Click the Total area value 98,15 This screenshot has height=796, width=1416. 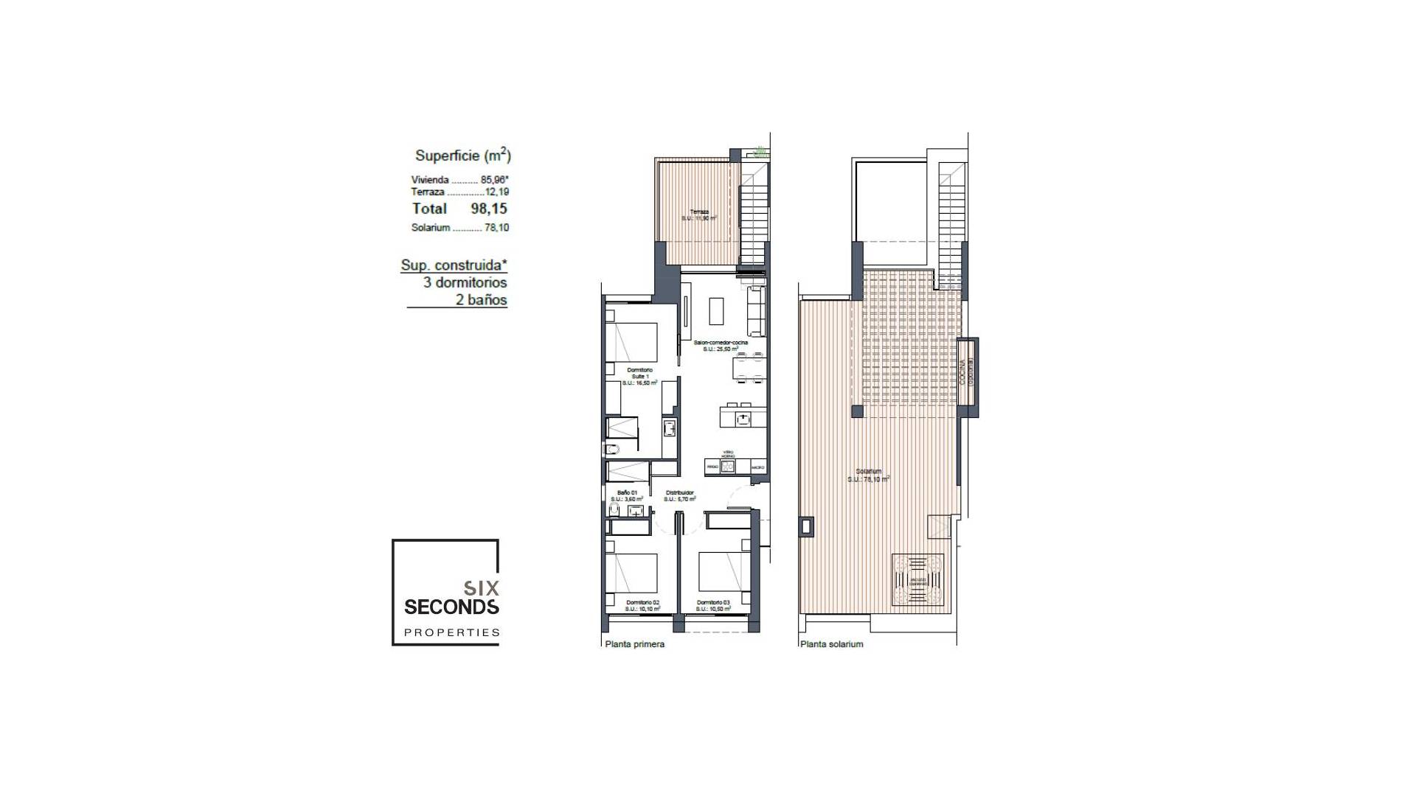tap(489, 209)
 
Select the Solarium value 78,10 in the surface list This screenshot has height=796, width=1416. tap(496, 228)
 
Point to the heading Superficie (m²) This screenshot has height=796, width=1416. tap(462, 156)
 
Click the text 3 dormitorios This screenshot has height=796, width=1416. tap(465, 282)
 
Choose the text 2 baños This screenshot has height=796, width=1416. tap(481, 300)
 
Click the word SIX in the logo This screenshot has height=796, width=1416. tap(481, 588)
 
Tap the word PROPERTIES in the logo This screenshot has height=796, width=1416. tap(451, 632)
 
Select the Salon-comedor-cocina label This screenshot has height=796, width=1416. tap(721, 343)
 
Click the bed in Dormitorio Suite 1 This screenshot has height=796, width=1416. tap(631, 341)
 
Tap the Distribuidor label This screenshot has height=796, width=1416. tap(679, 492)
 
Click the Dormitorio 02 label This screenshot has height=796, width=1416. tap(641, 602)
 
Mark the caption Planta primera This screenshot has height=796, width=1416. tap(634, 644)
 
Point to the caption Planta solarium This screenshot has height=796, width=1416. tap(831, 644)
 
